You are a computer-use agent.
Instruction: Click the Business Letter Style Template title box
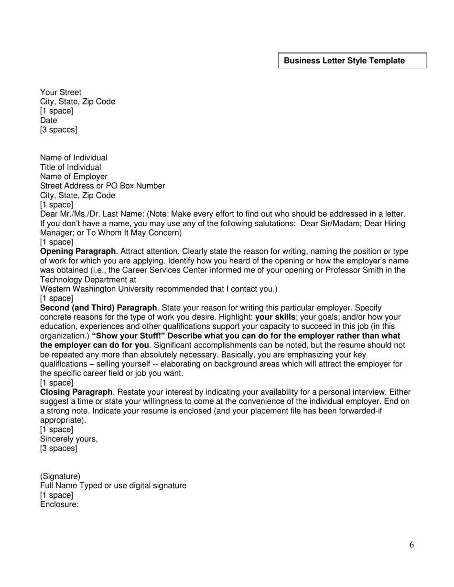[352, 61]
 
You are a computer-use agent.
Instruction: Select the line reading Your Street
[61, 92]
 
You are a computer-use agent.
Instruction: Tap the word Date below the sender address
[49, 120]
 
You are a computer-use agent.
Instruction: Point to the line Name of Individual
[74, 157]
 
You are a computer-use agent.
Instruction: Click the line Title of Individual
[71, 167]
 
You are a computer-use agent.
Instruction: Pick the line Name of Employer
[74, 177]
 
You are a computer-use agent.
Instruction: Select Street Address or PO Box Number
[103, 186]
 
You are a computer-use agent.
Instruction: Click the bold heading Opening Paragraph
[78, 252]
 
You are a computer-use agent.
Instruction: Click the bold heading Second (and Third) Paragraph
[98, 308]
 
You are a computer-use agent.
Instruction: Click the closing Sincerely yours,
[69, 439]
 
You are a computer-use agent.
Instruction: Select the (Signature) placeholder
[60, 476]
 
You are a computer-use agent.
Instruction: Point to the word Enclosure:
[59, 504]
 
